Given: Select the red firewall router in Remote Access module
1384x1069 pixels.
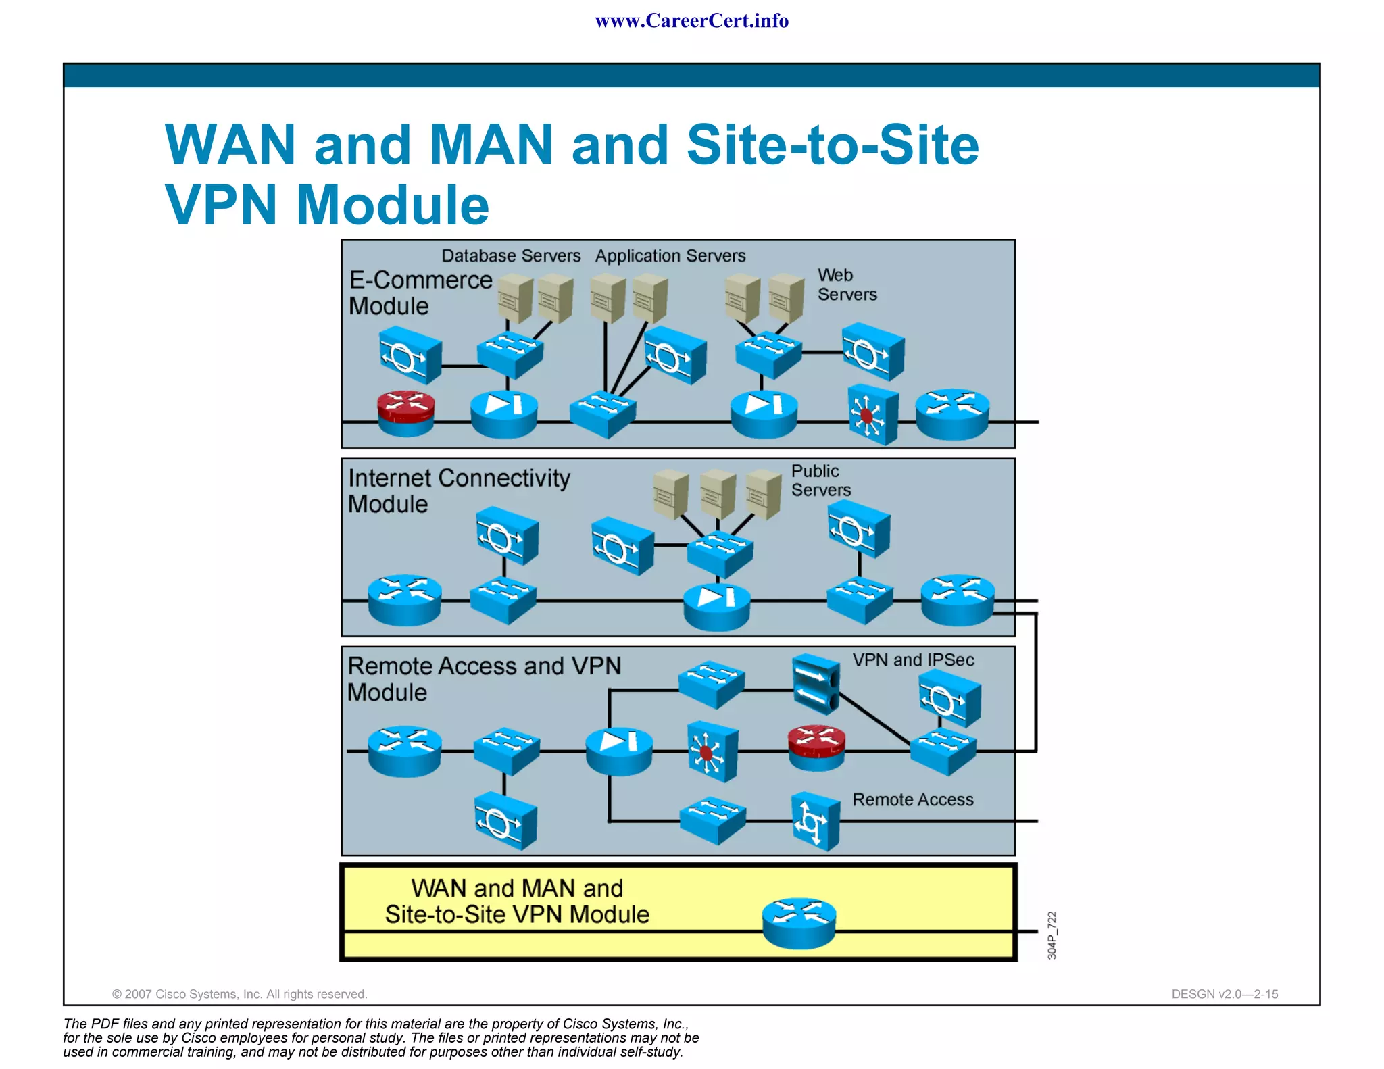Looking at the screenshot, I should tap(816, 748).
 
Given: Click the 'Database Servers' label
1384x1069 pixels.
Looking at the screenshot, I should tap(511, 256).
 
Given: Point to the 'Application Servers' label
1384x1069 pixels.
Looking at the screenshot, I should tap(670, 256).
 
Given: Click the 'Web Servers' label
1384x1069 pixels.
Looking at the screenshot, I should tap(846, 284).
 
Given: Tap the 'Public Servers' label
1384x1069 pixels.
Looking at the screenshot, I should tap(820, 480).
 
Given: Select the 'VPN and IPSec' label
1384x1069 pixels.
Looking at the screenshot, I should tap(913, 660).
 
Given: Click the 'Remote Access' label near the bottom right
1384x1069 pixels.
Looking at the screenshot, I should tap(912, 799).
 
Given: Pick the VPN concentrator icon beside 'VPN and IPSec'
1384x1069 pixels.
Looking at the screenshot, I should tap(816, 684).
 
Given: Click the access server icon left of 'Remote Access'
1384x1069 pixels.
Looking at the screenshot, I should tap(815, 821).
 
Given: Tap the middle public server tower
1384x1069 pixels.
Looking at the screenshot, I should tap(717, 495).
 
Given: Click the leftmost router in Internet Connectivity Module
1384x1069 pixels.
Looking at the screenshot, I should tap(404, 599).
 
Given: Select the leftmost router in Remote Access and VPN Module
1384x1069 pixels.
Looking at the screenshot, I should tap(404, 751).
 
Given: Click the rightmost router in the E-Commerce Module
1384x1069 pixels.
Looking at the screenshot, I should tap(952, 414).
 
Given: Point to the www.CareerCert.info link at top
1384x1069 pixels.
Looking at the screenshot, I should tap(691, 21).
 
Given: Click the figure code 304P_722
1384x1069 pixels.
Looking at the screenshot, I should tap(1052, 935).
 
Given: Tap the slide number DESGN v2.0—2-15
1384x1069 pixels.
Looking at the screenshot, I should tap(1224, 994).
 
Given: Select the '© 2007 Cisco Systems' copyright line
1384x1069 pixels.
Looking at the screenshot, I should tap(239, 994).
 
